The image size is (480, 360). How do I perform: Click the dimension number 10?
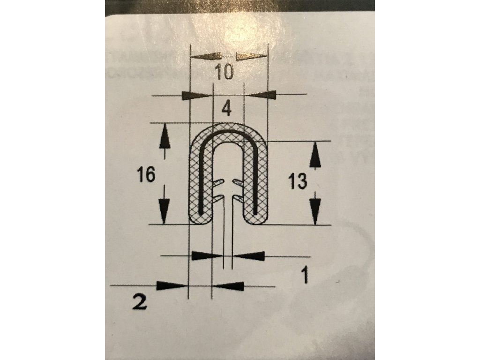pos(224,73)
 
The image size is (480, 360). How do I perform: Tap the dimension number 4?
pos(226,108)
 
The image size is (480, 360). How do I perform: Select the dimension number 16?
pos(146,175)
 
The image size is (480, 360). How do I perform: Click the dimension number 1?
pos(305,275)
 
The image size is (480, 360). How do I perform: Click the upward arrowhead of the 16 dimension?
pos(164,136)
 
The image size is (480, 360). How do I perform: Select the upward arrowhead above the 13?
pos(315,156)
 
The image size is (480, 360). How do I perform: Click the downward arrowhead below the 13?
pos(316,209)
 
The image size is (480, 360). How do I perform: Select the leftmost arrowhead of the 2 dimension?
pos(170,285)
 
